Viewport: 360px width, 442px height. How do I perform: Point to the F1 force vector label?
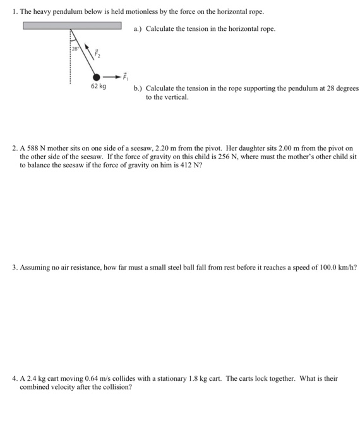pyautogui.click(x=124, y=75)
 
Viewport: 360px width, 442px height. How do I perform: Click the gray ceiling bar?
pyautogui.click(x=73, y=25)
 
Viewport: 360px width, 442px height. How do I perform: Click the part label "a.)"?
pyautogui.click(x=138, y=29)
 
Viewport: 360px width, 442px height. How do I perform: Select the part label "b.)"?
pyautogui.click(x=138, y=89)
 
